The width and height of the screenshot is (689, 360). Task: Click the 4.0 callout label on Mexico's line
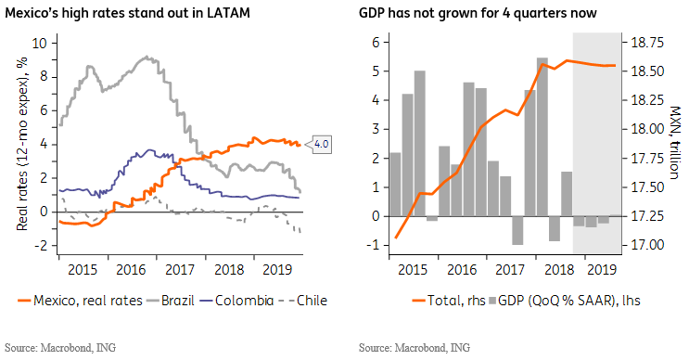322,144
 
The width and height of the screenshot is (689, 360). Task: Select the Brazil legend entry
171,301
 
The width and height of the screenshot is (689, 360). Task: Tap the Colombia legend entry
236,301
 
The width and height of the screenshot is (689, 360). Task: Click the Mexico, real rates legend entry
80,301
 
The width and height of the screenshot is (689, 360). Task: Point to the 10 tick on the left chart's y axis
39,43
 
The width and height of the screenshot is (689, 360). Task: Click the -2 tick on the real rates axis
40,245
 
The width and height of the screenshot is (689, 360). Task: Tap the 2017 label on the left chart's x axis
180,269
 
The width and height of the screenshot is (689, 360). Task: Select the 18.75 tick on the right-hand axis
647,43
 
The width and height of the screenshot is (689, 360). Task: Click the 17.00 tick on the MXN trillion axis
647,245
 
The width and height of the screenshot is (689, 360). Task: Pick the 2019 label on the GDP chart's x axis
602,269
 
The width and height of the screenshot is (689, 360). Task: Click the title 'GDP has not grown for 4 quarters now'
478,13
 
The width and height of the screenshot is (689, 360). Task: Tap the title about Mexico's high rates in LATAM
127,13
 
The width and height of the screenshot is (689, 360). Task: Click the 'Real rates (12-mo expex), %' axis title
22,144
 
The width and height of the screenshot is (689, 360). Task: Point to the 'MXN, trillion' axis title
675,142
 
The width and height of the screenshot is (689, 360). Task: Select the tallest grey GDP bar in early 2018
542,137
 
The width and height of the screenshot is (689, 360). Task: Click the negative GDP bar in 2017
517,230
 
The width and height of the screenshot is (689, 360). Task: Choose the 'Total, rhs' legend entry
449,301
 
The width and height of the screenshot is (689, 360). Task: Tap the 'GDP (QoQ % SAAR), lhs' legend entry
565,301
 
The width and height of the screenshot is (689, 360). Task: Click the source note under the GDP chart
415,348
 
